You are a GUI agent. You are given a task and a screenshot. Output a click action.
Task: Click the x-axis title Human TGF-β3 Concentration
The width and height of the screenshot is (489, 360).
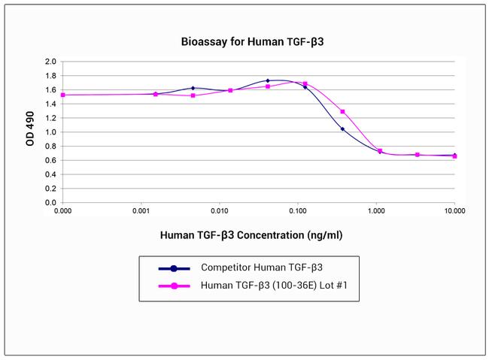pyautogui.click(x=251, y=234)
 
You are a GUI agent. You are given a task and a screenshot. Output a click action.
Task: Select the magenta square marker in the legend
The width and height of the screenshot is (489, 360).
pyautogui.click(x=173, y=285)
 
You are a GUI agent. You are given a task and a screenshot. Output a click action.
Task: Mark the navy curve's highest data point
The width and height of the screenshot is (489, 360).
pyautogui.click(x=268, y=80)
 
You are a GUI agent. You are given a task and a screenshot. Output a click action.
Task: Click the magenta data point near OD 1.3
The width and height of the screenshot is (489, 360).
pyautogui.click(x=342, y=112)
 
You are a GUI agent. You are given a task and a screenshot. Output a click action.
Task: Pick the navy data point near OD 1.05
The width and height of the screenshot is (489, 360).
pyautogui.click(x=342, y=129)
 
